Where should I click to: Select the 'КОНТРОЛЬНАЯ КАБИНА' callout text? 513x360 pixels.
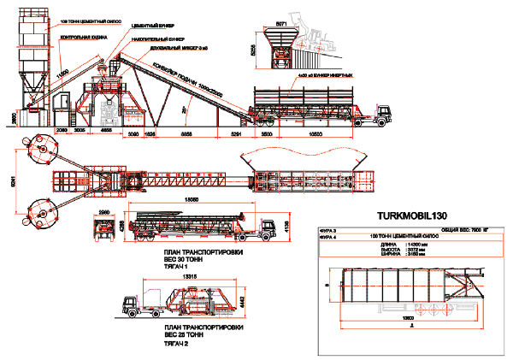coord(83,38)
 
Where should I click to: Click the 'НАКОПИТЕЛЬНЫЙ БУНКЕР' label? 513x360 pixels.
coord(159,39)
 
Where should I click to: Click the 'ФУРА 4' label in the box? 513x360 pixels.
coord(330,238)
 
